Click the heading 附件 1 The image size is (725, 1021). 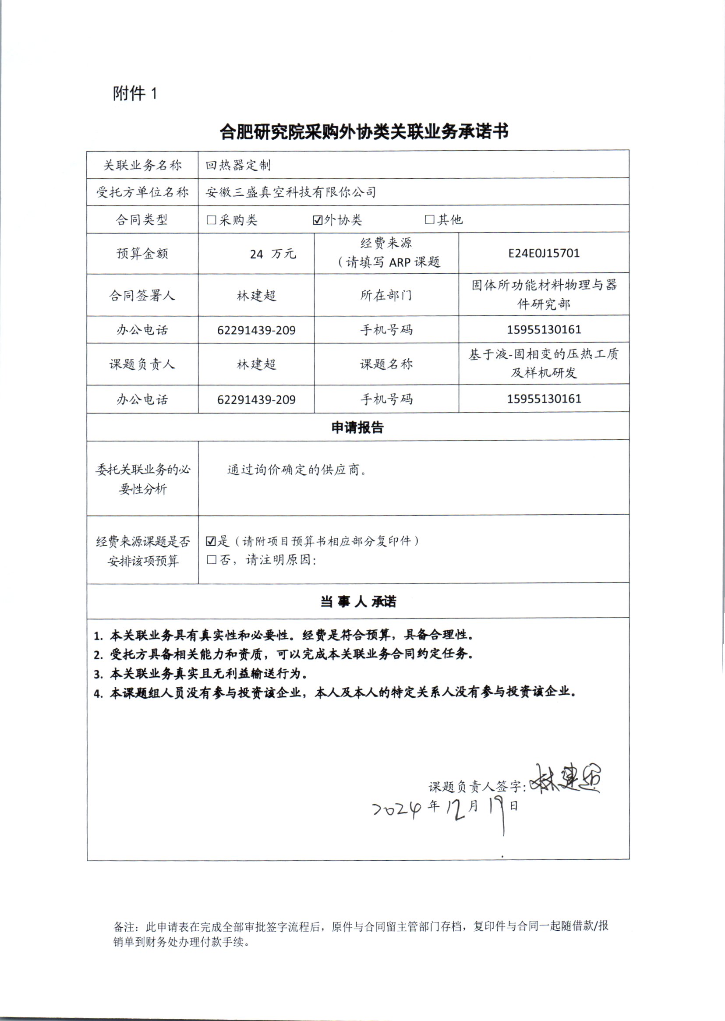click(135, 93)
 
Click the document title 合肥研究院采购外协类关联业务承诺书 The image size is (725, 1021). click(364, 132)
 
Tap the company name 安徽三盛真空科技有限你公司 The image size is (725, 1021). click(290, 192)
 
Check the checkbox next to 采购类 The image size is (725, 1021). click(212, 220)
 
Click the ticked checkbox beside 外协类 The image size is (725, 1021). click(318, 220)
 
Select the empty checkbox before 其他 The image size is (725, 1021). click(429, 219)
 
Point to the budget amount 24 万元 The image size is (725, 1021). click(273, 254)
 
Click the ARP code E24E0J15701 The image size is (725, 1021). click(543, 254)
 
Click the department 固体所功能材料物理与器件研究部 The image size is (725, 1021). click(544, 294)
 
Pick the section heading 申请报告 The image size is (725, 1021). click(357, 427)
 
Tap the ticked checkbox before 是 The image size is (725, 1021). click(211, 541)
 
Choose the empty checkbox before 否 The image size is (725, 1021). click(212, 560)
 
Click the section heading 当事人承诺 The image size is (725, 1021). click(358, 601)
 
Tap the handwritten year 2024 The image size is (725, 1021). click(396, 808)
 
